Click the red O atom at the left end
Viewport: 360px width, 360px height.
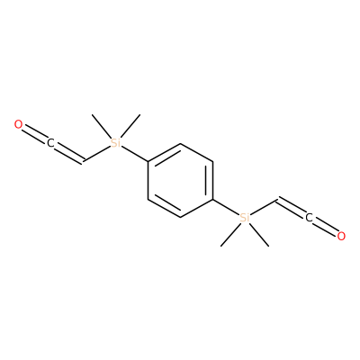[x=18, y=124]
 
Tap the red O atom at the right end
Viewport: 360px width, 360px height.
[x=341, y=236]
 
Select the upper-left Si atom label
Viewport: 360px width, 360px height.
[x=115, y=143]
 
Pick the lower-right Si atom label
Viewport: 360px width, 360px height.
[x=245, y=218]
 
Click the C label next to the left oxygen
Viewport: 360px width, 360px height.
[x=50, y=143]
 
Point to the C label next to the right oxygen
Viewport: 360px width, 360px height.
[x=309, y=218]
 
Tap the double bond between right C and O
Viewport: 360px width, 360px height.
[x=325, y=227]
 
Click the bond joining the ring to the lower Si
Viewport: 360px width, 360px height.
[x=226, y=207]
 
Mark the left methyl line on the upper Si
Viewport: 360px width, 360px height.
[x=102, y=126]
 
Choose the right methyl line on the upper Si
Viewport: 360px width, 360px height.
[x=130, y=126]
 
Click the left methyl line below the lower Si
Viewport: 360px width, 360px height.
[x=231, y=235]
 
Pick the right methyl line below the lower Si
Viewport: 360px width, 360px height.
[x=259, y=235]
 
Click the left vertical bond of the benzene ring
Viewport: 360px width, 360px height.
[x=148, y=181]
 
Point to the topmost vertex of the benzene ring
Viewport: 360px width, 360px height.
[x=180, y=144]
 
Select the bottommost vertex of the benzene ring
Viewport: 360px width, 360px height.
[x=180, y=218]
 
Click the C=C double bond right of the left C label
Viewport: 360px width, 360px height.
[x=69, y=154]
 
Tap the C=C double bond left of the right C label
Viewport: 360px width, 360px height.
[x=291, y=207]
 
